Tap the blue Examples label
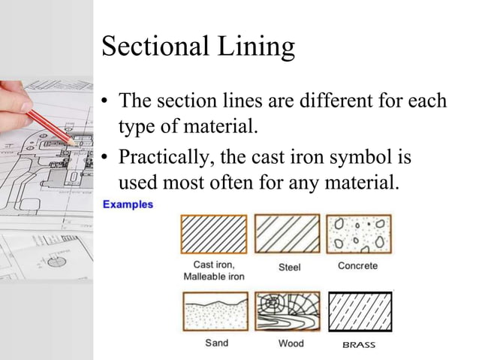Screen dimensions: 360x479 (128, 204)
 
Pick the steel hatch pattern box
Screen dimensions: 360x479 (287, 233)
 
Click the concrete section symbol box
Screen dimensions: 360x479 (359, 233)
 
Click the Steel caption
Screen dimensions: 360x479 (290, 267)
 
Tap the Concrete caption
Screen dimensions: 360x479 (357, 266)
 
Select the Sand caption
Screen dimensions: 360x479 (218, 343)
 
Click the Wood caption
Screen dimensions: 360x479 (290, 343)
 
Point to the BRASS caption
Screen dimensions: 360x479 (359, 344)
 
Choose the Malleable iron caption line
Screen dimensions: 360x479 (214, 277)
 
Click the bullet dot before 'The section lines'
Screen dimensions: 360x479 (106, 101)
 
